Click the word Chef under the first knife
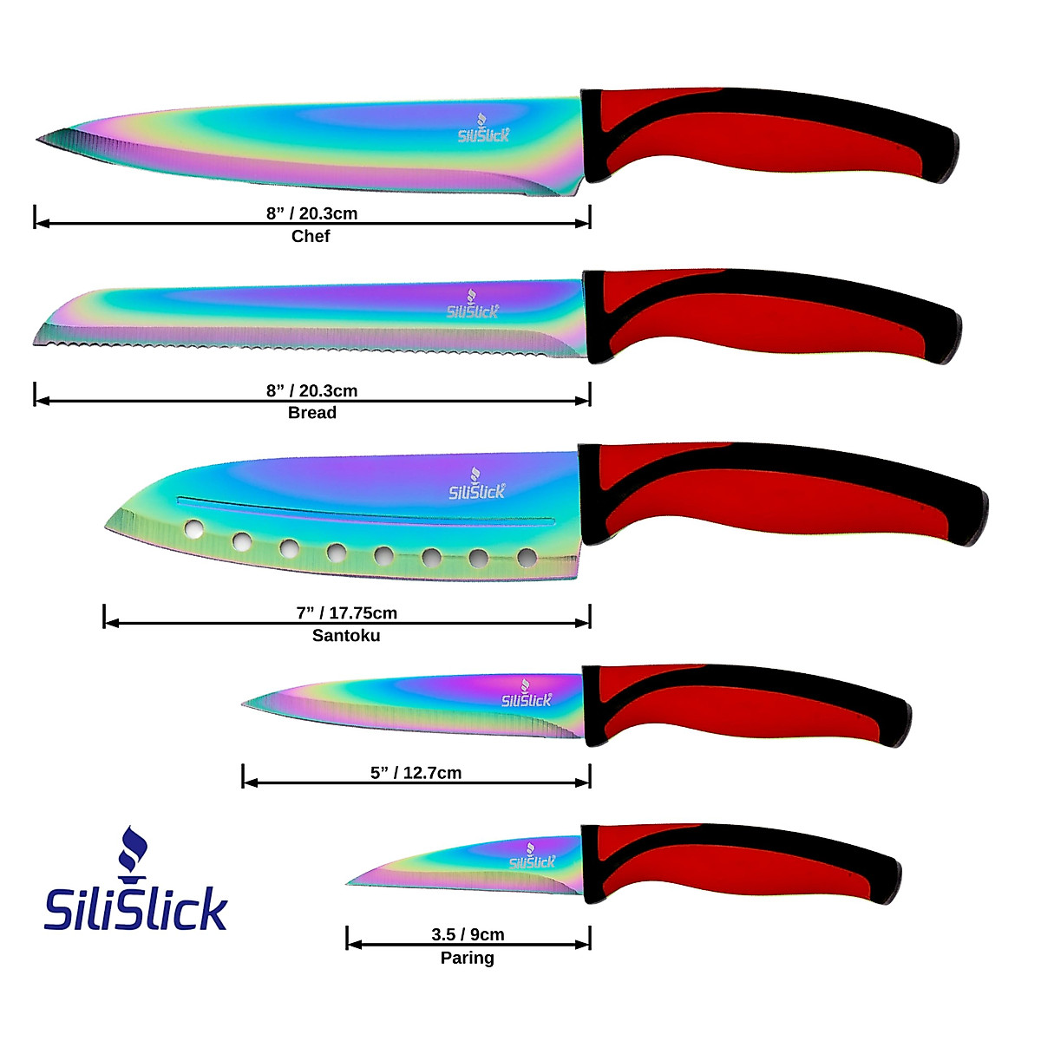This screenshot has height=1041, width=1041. [x=311, y=236]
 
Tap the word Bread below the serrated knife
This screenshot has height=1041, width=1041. [x=311, y=413]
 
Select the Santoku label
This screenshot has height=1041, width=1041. [x=346, y=636]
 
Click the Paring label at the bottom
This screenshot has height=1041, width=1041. [x=467, y=958]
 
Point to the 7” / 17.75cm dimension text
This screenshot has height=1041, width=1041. [x=346, y=613]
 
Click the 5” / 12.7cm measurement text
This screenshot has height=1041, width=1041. [x=416, y=773]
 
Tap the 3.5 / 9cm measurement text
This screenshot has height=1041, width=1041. [x=468, y=934]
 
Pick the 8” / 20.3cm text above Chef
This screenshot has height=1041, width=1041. [x=311, y=213]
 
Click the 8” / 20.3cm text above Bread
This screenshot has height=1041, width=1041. [x=311, y=390]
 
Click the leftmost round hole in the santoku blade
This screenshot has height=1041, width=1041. [x=195, y=527]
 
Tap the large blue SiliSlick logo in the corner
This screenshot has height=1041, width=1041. [x=135, y=909]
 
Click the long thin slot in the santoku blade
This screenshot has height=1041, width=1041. [x=364, y=510]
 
